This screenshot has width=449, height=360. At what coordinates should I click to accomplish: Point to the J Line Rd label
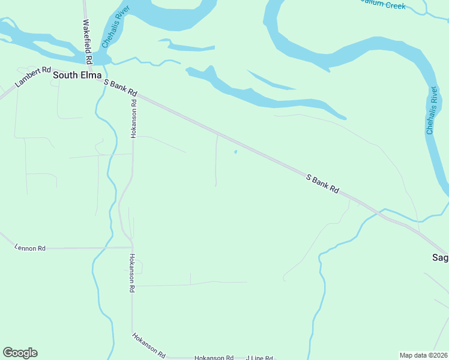tap(259, 358)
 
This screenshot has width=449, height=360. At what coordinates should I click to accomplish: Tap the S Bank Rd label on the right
tap(322, 184)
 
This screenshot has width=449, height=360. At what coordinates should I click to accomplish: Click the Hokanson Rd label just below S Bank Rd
tap(134, 119)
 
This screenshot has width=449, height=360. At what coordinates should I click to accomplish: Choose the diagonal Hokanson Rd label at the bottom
tap(148, 345)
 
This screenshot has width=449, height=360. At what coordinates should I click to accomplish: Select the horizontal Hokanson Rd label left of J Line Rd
tap(214, 358)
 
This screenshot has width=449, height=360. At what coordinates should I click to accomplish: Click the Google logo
tap(20, 353)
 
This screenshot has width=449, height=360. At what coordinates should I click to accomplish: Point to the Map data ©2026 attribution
tap(423, 355)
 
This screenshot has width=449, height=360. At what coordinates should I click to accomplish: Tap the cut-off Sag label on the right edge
tap(440, 257)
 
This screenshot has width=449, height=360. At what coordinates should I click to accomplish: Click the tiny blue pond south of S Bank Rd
tap(235, 152)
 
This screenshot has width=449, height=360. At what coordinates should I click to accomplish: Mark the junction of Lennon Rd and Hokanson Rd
tap(131, 247)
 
